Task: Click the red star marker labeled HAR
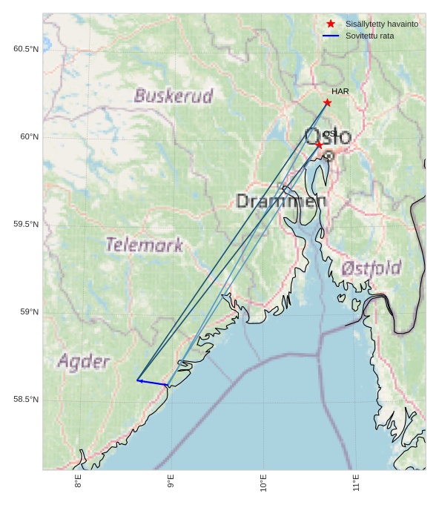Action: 327,102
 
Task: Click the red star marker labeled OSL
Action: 319,145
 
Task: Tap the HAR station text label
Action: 340,91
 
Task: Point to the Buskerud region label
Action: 174,96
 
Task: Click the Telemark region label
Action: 144,245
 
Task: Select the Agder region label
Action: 84,362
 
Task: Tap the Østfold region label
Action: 372,268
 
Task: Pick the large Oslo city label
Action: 329,137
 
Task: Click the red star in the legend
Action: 331,24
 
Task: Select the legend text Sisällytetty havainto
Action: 381,24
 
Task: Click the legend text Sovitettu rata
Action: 369,36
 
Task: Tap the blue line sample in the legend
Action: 331,36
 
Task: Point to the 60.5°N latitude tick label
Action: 26,49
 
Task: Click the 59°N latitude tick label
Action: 29,312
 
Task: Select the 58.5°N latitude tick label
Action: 26,400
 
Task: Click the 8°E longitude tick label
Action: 78,482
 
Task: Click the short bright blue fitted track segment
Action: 152,383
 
